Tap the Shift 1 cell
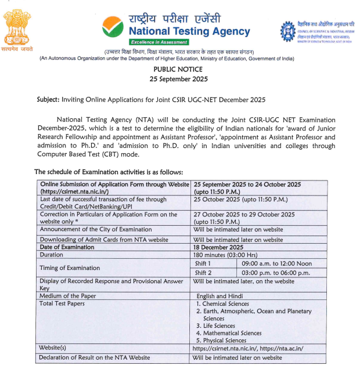click(x=203, y=263)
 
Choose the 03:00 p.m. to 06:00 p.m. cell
click(x=276, y=272)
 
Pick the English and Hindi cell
click(x=220, y=296)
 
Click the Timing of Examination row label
click(x=69, y=268)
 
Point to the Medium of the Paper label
click(x=67, y=296)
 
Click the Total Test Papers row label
click(x=62, y=303)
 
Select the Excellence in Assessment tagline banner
click(x=159, y=42)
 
